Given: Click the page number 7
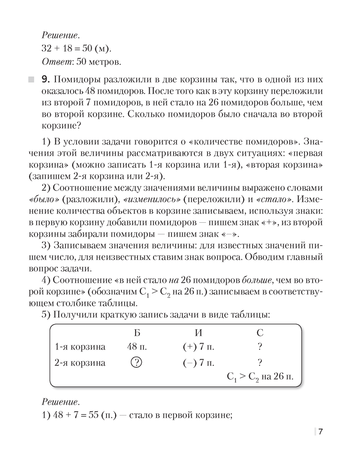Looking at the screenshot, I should click(x=320, y=432).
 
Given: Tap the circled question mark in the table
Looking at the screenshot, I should click(x=137, y=363).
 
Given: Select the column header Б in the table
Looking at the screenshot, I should click(x=137, y=333).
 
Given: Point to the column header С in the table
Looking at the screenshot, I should click(x=260, y=333).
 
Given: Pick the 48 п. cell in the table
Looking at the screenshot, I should click(x=137, y=347).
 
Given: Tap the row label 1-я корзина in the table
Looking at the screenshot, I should click(x=80, y=347).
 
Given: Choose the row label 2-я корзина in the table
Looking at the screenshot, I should click(x=80, y=363).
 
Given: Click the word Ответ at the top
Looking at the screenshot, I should click(x=55, y=61).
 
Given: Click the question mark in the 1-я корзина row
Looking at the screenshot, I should click(x=260, y=347).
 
